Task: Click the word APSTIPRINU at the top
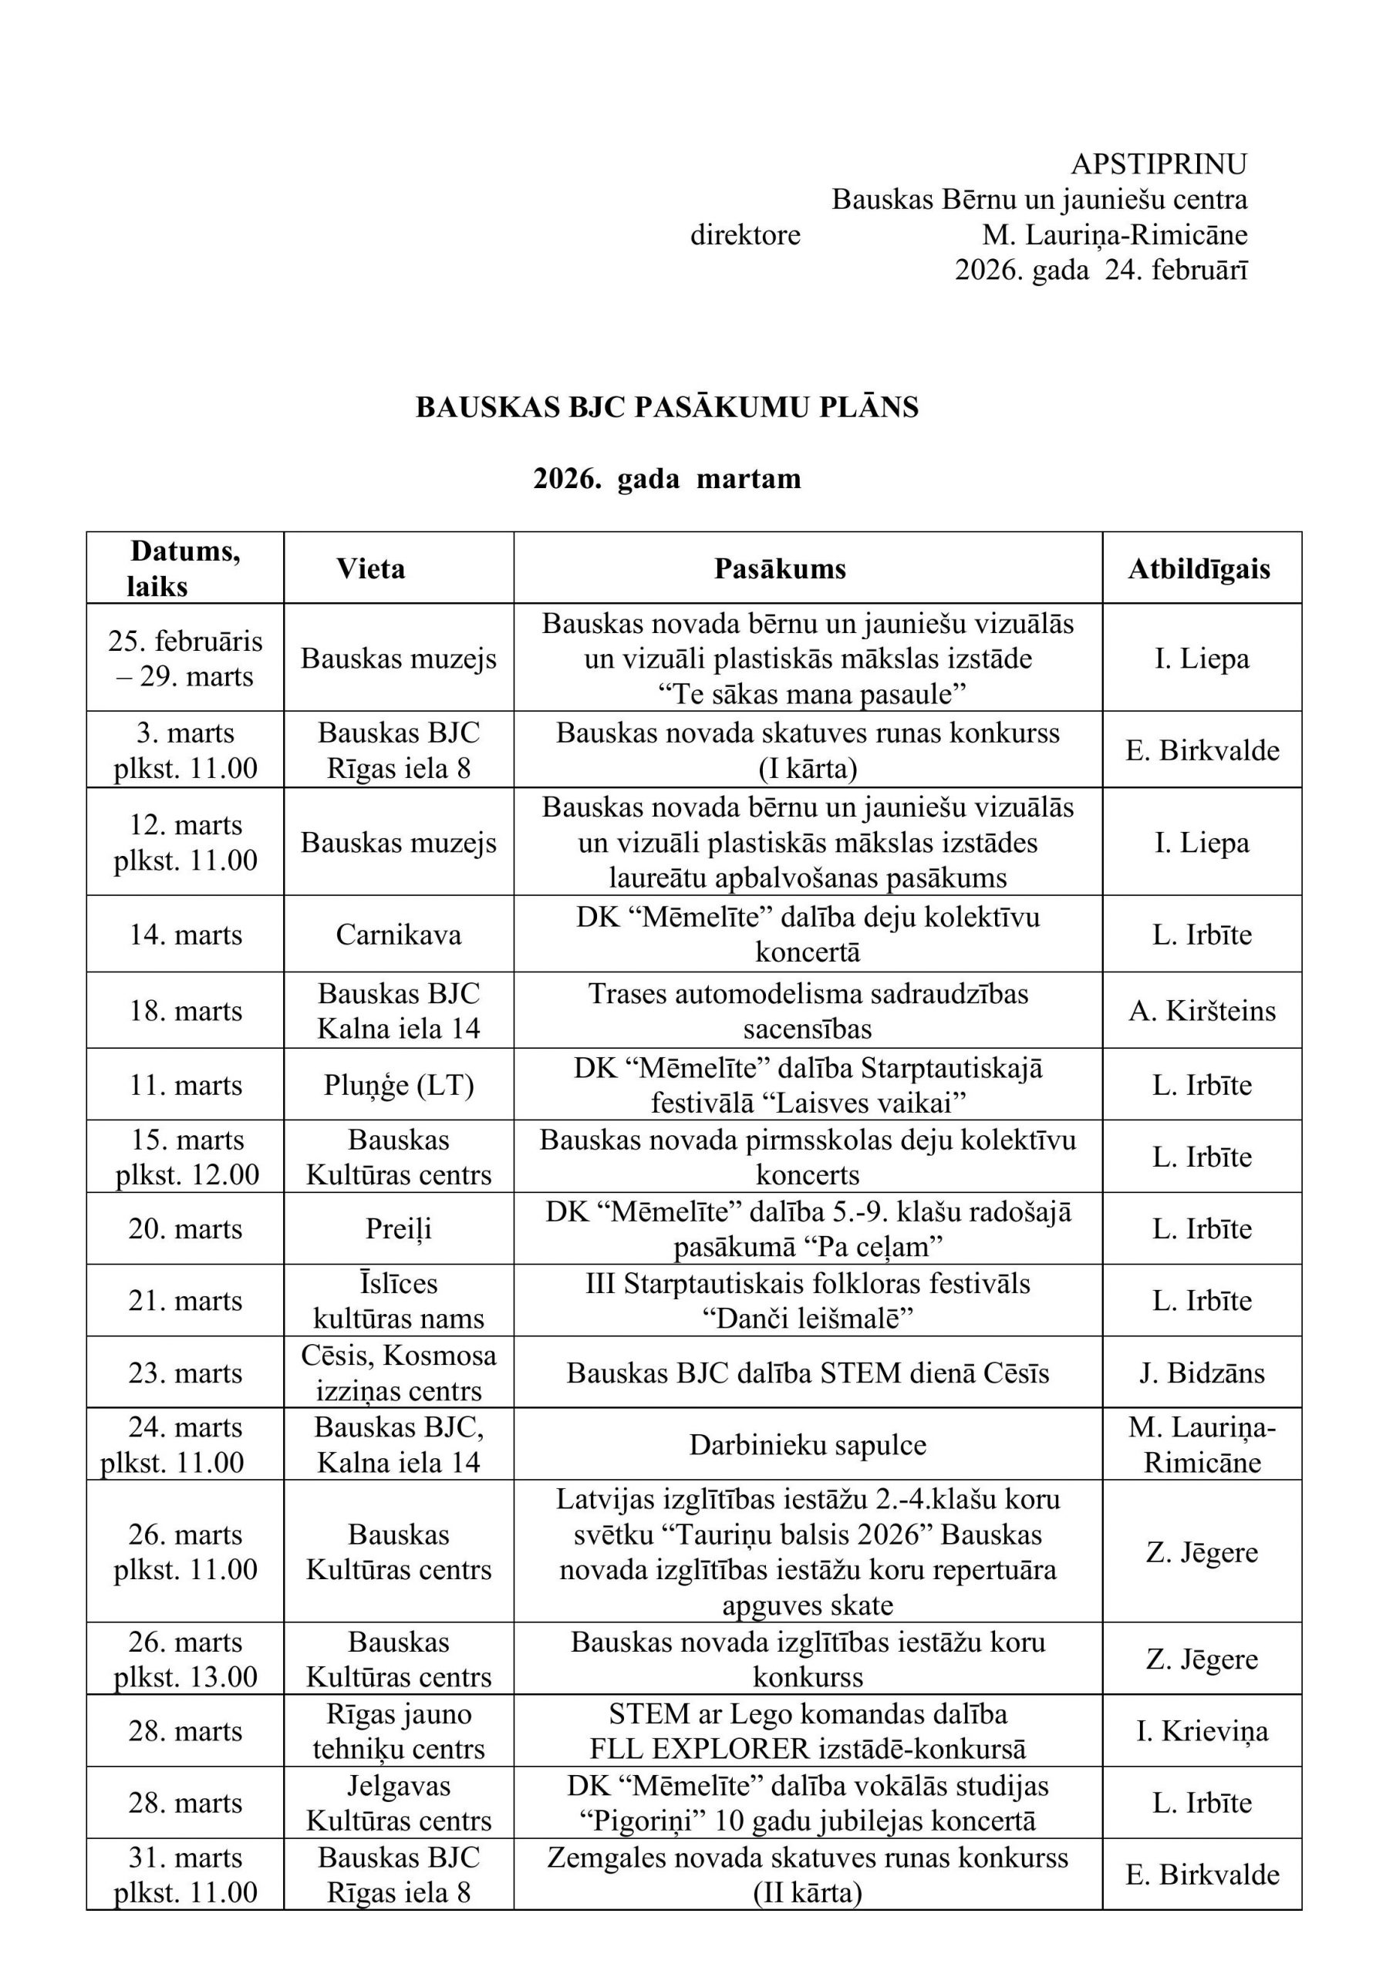tap(1159, 163)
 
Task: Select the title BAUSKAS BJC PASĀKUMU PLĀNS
tap(667, 406)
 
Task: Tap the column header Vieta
tap(370, 568)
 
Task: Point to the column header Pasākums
tap(780, 568)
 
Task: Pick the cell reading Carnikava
tap(398, 935)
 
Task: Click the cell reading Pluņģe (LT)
tap(398, 1085)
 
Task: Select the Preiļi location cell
tap(398, 1228)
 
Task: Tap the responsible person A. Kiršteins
tap(1201, 1011)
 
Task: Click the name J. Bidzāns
tap(1201, 1373)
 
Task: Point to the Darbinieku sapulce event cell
tap(808, 1445)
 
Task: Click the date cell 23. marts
tap(185, 1373)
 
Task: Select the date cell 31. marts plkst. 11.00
tap(185, 1875)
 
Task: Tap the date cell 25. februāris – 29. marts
tap(185, 659)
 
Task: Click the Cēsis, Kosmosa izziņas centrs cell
tap(398, 1373)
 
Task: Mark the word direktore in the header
tap(744, 234)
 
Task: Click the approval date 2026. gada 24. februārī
tap(1101, 271)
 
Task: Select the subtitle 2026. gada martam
tap(667, 478)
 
